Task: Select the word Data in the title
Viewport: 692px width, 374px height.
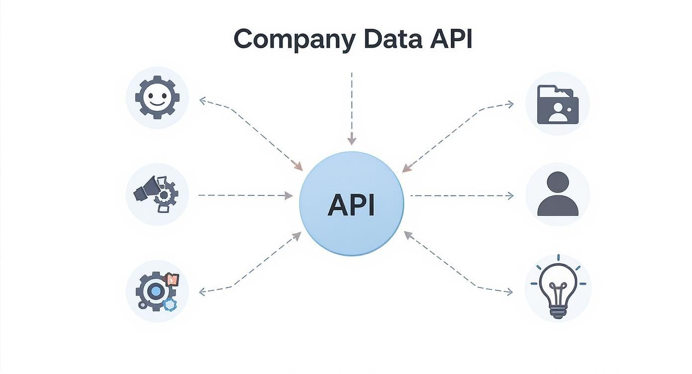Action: (x=388, y=39)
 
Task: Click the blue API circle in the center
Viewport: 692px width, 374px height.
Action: (x=351, y=204)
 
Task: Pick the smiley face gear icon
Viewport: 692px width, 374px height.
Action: (x=157, y=97)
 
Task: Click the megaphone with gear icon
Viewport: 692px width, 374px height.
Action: (x=157, y=194)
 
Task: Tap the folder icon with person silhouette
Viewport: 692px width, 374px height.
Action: (x=557, y=104)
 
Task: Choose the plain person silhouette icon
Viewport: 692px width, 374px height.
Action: (x=557, y=194)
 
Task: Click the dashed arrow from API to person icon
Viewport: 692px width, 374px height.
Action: (x=461, y=195)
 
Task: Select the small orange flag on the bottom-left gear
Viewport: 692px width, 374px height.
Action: (x=173, y=280)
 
